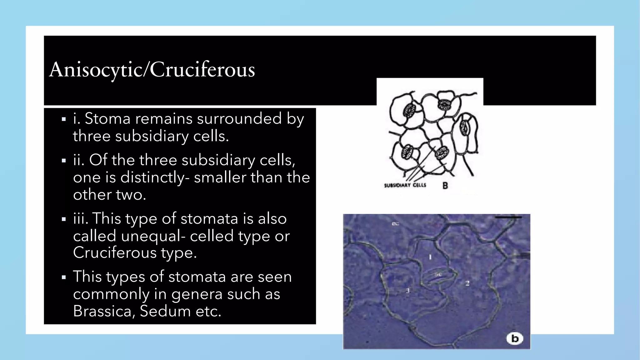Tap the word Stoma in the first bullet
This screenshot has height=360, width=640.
pyautogui.click(x=107, y=119)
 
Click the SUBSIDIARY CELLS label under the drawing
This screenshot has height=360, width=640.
pyautogui.click(x=405, y=185)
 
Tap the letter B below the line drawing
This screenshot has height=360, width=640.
pyautogui.click(x=445, y=186)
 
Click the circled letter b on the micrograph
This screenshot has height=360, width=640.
pyautogui.click(x=515, y=338)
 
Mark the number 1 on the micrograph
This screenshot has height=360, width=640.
pyautogui.click(x=430, y=257)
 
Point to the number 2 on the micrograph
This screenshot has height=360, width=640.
pyautogui.click(x=467, y=283)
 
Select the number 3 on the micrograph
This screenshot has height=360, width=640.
pyautogui.click(x=407, y=291)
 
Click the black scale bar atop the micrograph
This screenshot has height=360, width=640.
pyautogui.click(x=508, y=217)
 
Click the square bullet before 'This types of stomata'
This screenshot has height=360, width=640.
pyautogui.click(x=64, y=277)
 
